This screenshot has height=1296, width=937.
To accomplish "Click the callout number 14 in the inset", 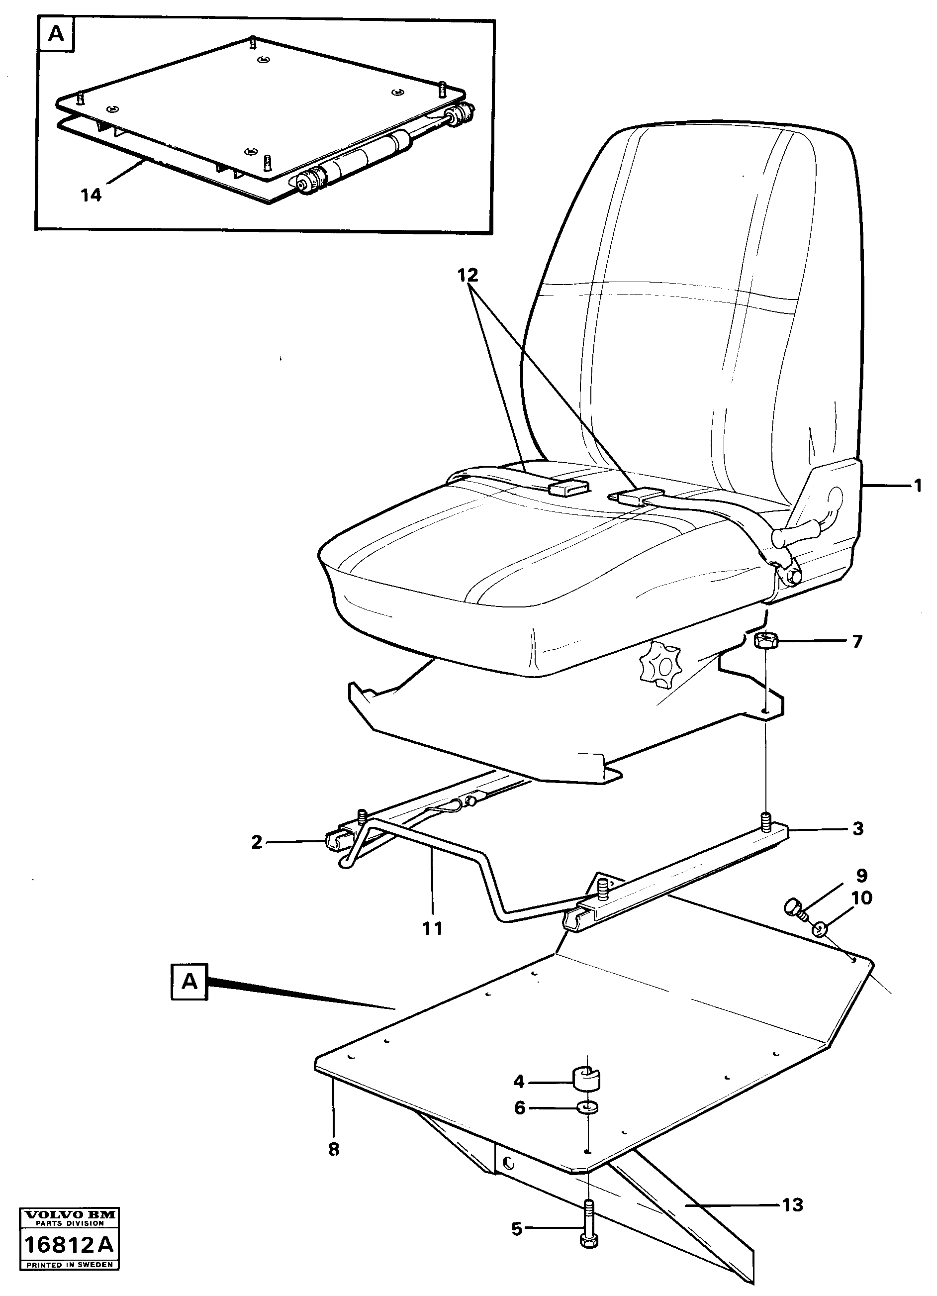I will (x=91, y=195).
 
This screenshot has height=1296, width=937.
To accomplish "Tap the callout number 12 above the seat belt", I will (x=468, y=276).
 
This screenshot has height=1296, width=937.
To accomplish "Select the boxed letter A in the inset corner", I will (x=56, y=34).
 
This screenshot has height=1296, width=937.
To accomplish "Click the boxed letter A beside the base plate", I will (x=189, y=982).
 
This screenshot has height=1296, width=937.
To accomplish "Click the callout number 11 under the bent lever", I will (x=433, y=928).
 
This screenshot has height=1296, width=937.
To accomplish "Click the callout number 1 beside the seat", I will (x=918, y=486).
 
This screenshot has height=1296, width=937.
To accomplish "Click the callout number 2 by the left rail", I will (x=257, y=842).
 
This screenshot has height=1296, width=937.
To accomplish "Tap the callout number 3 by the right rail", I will (x=857, y=828).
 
